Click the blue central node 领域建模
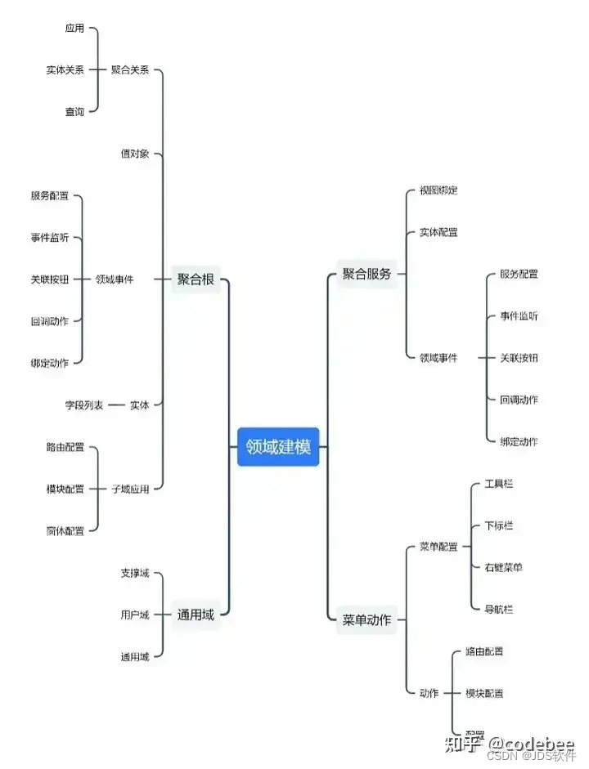coord(278,447)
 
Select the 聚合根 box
coord(196,279)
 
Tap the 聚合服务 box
coord(366,274)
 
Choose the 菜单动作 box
coord(366,619)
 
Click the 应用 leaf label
coord(74,29)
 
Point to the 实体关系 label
coord(65,70)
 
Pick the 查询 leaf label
coord(74,112)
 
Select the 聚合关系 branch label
coord(130,70)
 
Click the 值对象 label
coord(135,154)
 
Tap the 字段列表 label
coord(84,405)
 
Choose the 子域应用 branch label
coord(130,489)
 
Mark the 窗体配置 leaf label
coord(65,530)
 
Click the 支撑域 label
coord(135,573)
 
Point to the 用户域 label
coord(135,615)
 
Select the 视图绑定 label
coord(438,190)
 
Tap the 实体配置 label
coord(438,232)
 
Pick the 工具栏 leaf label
coord(499,484)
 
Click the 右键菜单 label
coord(504,567)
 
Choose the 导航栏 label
coord(499,609)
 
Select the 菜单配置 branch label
coord(438,546)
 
